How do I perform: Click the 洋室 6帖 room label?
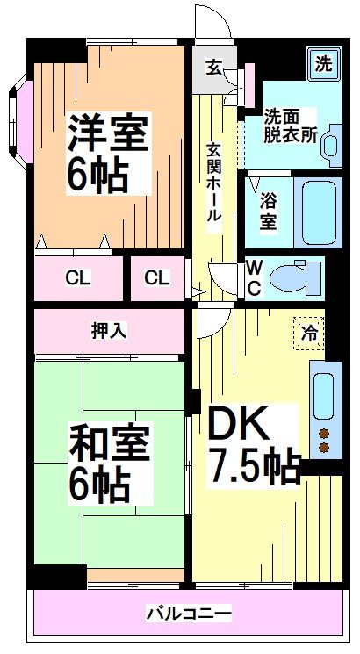point(109,154)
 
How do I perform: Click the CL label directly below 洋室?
point(78,278)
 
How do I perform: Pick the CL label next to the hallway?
point(156,278)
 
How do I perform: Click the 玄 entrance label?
point(213,67)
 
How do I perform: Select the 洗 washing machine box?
point(323,62)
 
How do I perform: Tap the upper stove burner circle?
point(322,433)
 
